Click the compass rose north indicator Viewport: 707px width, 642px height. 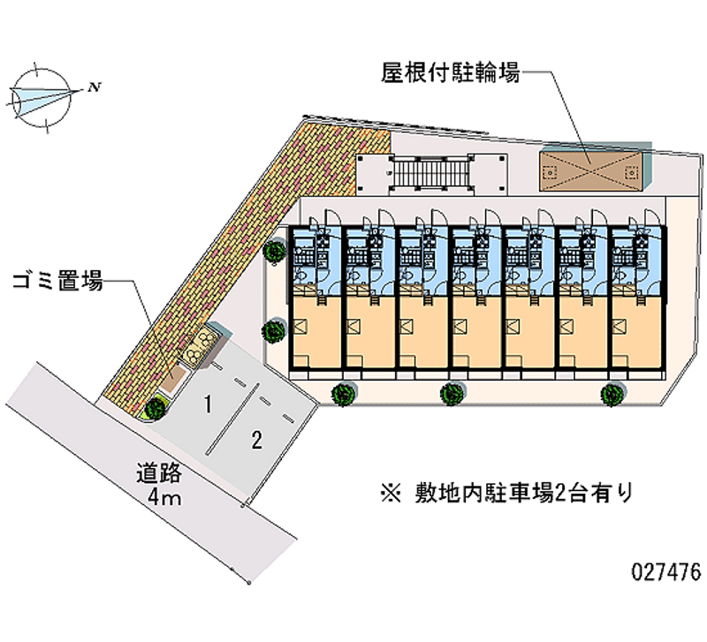41,96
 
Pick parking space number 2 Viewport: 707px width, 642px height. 255,439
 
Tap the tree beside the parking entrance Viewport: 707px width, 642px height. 156,407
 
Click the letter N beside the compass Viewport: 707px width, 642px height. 93,87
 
